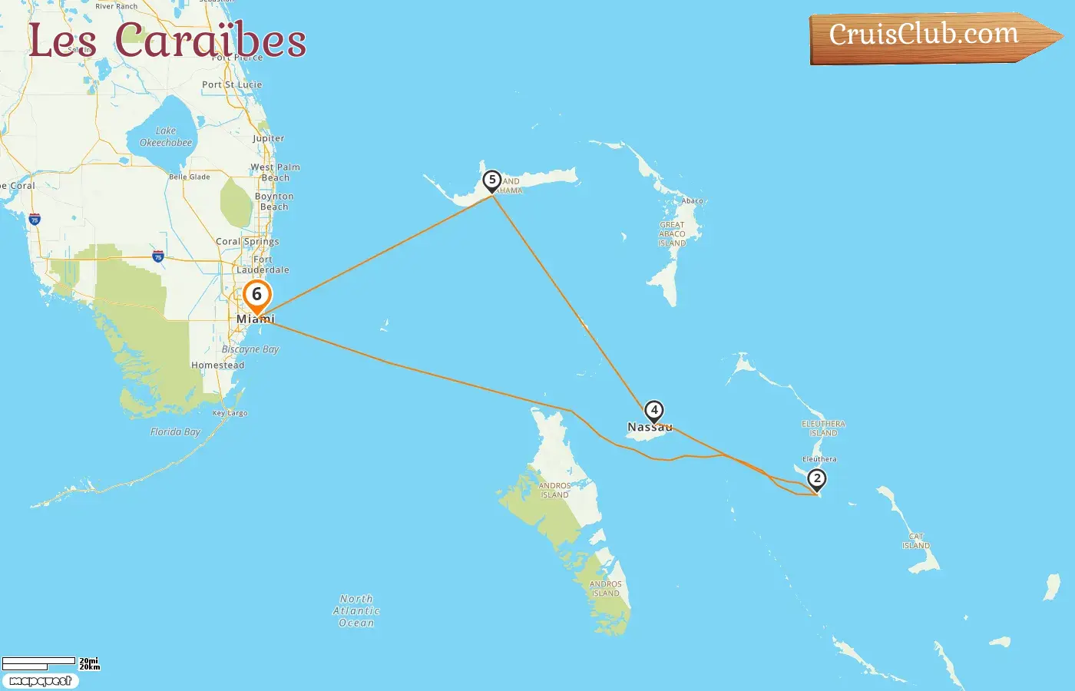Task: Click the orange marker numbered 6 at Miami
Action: tap(257, 296)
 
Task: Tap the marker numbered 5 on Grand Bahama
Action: tap(492, 180)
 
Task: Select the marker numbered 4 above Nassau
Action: tap(654, 411)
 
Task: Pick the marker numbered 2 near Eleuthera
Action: tap(817, 479)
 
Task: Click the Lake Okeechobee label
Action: tap(166, 137)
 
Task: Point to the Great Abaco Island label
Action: tap(672, 234)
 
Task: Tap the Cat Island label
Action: tap(916, 541)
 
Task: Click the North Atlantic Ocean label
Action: tap(356, 611)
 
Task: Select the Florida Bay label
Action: tap(175, 432)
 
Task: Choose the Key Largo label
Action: tap(230, 413)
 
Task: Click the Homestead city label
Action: tap(217, 365)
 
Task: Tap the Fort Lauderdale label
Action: tap(263, 265)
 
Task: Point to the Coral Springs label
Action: tap(247, 241)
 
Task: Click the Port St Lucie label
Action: tap(232, 84)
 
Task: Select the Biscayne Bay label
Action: tap(250, 349)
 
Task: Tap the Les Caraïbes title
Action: tap(167, 40)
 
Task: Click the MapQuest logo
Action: tap(40, 681)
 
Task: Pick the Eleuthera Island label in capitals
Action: tap(823, 428)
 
